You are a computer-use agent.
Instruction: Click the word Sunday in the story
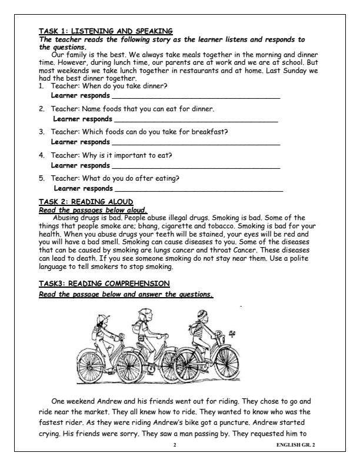[x=289, y=70]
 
